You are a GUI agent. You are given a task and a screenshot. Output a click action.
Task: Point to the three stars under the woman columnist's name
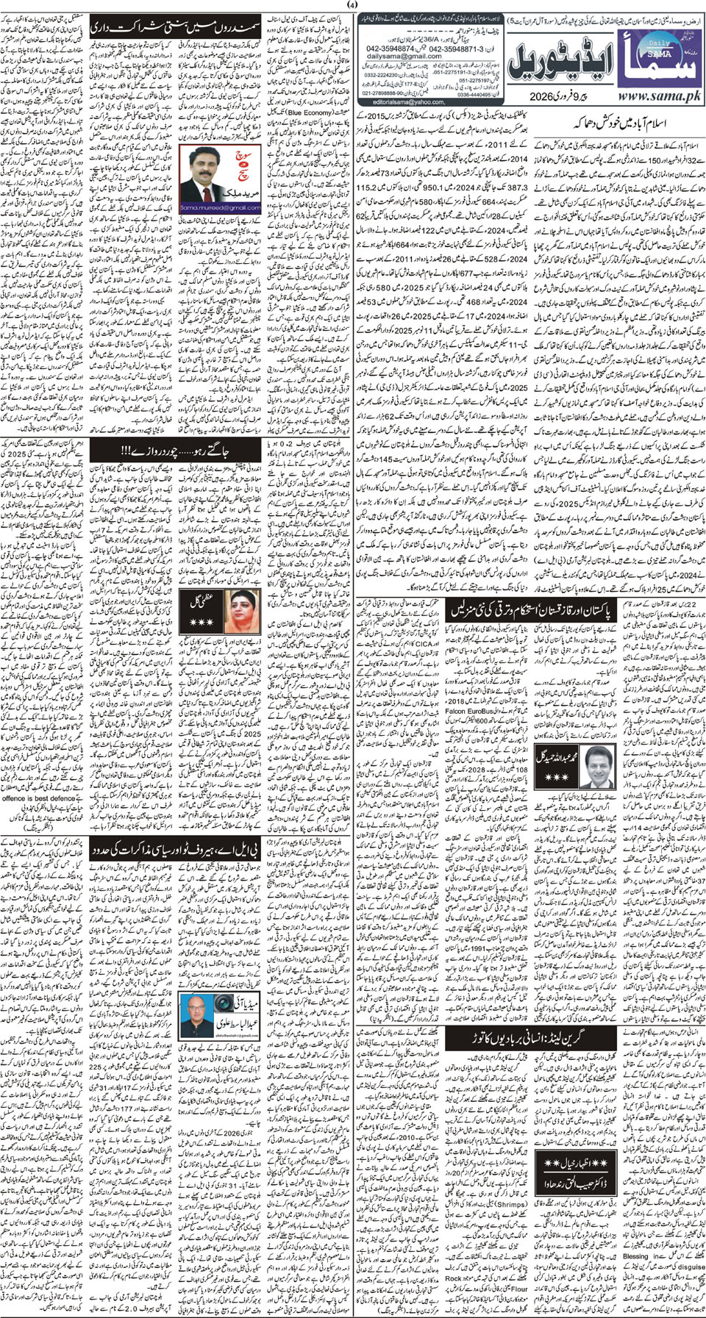[200, 623]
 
